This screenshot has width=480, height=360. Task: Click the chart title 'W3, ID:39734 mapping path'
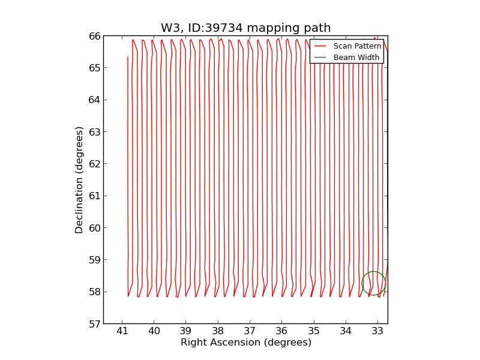coord(245,28)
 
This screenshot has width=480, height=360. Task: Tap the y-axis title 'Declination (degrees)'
coord(79,179)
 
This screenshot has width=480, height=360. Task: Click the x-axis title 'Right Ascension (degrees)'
coord(245,343)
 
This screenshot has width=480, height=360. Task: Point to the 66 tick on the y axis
coord(95,36)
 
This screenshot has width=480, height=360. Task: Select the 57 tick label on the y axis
coord(95,324)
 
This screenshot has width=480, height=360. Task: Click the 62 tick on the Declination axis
coord(95,164)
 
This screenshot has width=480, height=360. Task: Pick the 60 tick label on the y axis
coord(95,228)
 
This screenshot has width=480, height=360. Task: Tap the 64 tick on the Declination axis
coord(95,100)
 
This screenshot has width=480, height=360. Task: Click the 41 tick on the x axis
coord(122,331)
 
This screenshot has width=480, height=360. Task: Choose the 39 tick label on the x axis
coord(186,331)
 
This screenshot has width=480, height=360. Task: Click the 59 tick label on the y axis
coord(95,260)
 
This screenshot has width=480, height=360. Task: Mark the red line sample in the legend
coord(320,46)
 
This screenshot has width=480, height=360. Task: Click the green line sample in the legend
coord(320,58)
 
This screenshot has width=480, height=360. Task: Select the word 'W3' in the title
coord(169,28)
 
